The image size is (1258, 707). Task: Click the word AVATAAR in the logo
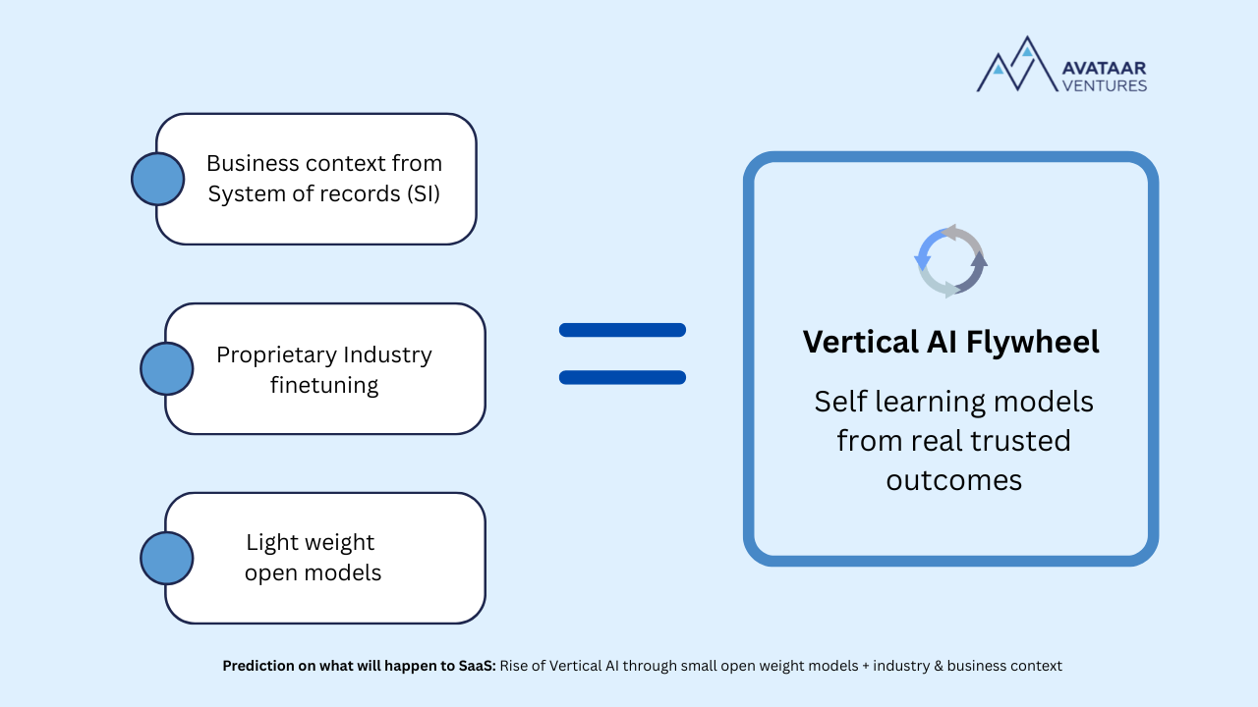pyautogui.click(x=1104, y=68)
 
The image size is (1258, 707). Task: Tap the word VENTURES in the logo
pyautogui.click(x=1104, y=85)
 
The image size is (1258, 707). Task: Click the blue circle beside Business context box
pyautogui.click(x=158, y=179)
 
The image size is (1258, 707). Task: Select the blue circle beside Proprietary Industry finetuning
pyautogui.click(x=167, y=369)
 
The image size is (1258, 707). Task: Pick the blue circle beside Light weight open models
pyautogui.click(x=167, y=558)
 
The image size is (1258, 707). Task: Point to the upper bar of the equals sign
pyautogui.click(x=622, y=330)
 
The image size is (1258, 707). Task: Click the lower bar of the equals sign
pyautogui.click(x=622, y=377)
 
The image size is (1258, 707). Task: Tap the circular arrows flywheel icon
pyautogui.click(x=950, y=261)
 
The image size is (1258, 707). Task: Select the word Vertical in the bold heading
pyautogui.click(x=859, y=342)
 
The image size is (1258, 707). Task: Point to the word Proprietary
pyautogui.click(x=277, y=354)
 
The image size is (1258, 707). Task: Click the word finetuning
pyautogui.click(x=324, y=385)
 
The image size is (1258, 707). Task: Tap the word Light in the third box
pyautogui.click(x=269, y=542)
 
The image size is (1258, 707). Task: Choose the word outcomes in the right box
pyautogui.click(x=953, y=480)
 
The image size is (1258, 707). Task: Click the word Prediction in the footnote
pyautogui.click(x=257, y=666)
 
